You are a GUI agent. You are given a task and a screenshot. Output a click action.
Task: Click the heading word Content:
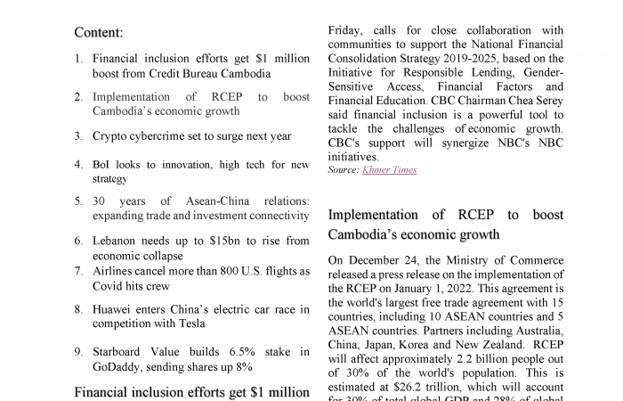point(98,33)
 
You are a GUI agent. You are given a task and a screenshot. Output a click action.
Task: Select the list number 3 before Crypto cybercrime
point(78,136)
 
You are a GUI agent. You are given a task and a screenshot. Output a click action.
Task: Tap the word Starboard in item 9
point(122,352)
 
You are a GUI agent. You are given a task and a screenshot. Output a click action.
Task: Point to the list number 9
point(78,352)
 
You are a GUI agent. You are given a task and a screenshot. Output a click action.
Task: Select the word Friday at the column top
point(345,29)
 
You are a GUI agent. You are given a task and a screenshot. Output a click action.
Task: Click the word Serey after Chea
point(544,101)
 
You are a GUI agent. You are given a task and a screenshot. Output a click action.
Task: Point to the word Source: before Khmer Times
point(343,169)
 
